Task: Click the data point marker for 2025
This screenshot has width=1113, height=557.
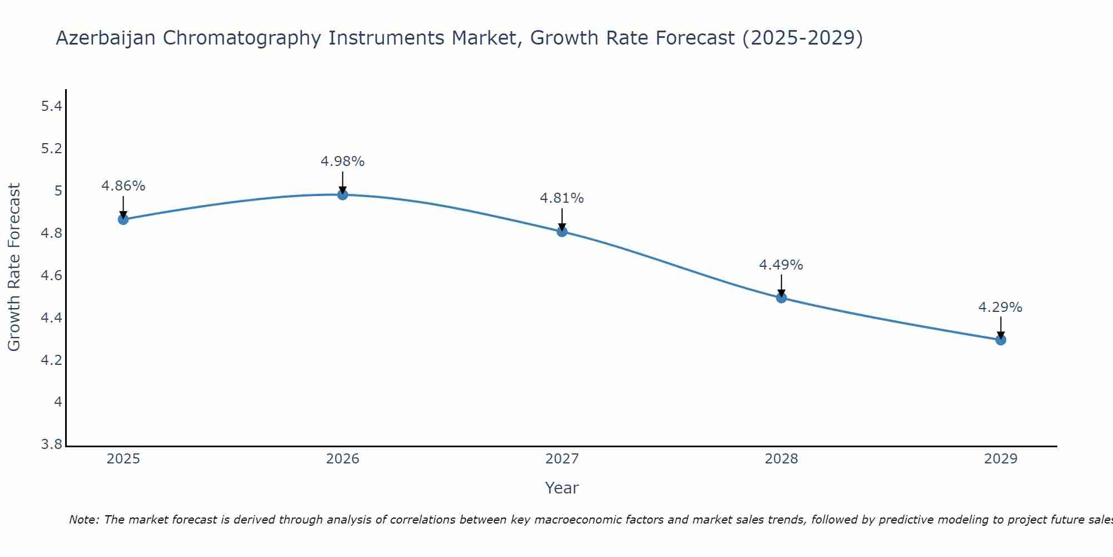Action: coord(123,219)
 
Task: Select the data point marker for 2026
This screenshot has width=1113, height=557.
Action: coord(343,194)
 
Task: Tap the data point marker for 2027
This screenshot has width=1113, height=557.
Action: coord(562,231)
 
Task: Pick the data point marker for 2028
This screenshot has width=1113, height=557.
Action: coord(781,297)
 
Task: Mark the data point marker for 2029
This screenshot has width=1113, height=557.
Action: coord(1001,340)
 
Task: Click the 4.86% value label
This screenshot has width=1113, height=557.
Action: coord(123,186)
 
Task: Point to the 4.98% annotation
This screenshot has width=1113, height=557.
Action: coord(343,162)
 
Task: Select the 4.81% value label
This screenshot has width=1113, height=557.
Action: coord(562,198)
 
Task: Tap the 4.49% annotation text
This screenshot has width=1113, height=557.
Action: coord(781,265)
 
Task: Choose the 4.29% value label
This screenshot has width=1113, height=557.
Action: coord(1001,307)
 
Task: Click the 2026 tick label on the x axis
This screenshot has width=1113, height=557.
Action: coord(343,459)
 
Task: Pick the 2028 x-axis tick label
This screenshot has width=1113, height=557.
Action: coord(781,459)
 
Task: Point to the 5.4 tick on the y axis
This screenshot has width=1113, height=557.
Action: coord(51,106)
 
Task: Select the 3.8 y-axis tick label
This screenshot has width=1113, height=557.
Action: coord(51,444)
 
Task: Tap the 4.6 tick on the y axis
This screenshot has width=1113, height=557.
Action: coord(51,276)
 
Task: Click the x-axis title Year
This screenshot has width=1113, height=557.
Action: coord(562,488)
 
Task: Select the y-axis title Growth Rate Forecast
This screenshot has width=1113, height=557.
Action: coord(14,267)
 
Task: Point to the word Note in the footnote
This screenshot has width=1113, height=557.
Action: coord(83,520)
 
